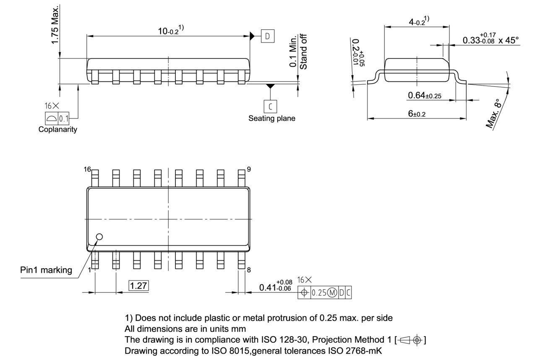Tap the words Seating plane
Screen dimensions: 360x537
click(x=271, y=118)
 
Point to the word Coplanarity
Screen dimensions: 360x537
click(x=58, y=129)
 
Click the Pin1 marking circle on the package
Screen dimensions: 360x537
click(x=99, y=237)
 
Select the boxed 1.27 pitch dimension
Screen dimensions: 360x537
click(x=138, y=286)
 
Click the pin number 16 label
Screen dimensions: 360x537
click(x=87, y=169)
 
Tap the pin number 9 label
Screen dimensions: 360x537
click(x=249, y=169)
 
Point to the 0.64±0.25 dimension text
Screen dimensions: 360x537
click(x=424, y=96)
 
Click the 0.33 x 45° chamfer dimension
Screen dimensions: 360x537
click(x=490, y=40)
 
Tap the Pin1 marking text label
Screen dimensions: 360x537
click(x=46, y=270)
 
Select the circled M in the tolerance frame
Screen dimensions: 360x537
click(x=332, y=292)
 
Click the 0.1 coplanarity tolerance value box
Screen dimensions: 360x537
click(x=64, y=119)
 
